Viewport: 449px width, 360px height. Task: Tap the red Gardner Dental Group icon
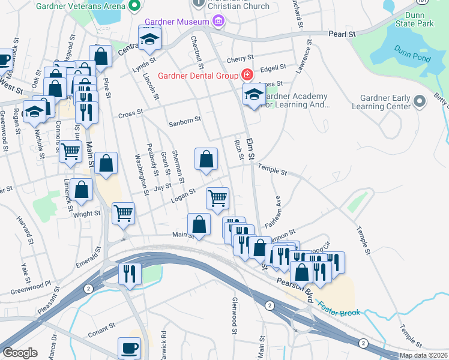(x=246, y=75)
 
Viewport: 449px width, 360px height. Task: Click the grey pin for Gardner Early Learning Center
(x=420, y=100)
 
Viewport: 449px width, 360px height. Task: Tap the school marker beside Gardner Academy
(x=253, y=94)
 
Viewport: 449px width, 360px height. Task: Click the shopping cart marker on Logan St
(x=217, y=197)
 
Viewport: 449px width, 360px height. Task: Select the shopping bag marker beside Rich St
(x=206, y=159)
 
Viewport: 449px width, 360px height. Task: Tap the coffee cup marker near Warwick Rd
(x=129, y=347)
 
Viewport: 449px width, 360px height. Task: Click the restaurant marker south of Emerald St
(x=130, y=274)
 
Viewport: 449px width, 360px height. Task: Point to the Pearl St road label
(x=342, y=34)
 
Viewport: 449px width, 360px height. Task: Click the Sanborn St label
(x=184, y=121)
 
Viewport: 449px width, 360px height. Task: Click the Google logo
(x=19, y=353)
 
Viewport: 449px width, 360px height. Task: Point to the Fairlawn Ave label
(x=278, y=209)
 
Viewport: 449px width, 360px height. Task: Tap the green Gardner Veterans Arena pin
(x=135, y=7)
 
